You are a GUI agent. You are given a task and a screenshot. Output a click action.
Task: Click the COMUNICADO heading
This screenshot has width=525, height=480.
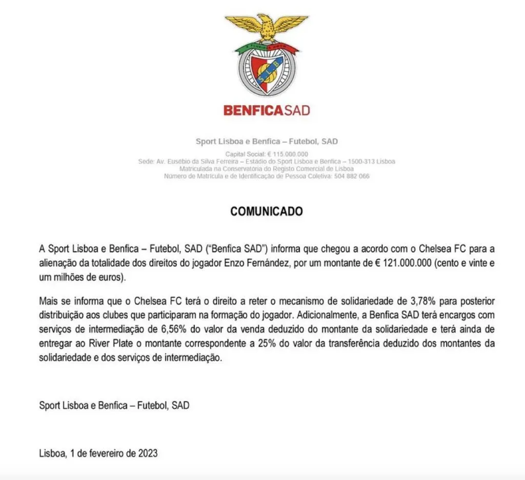[x=267, y=212]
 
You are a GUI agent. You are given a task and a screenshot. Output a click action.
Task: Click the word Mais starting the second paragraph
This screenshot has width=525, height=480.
[x=48, y=301]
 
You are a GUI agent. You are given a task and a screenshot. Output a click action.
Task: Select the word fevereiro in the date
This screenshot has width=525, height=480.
[x=108, y=453]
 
